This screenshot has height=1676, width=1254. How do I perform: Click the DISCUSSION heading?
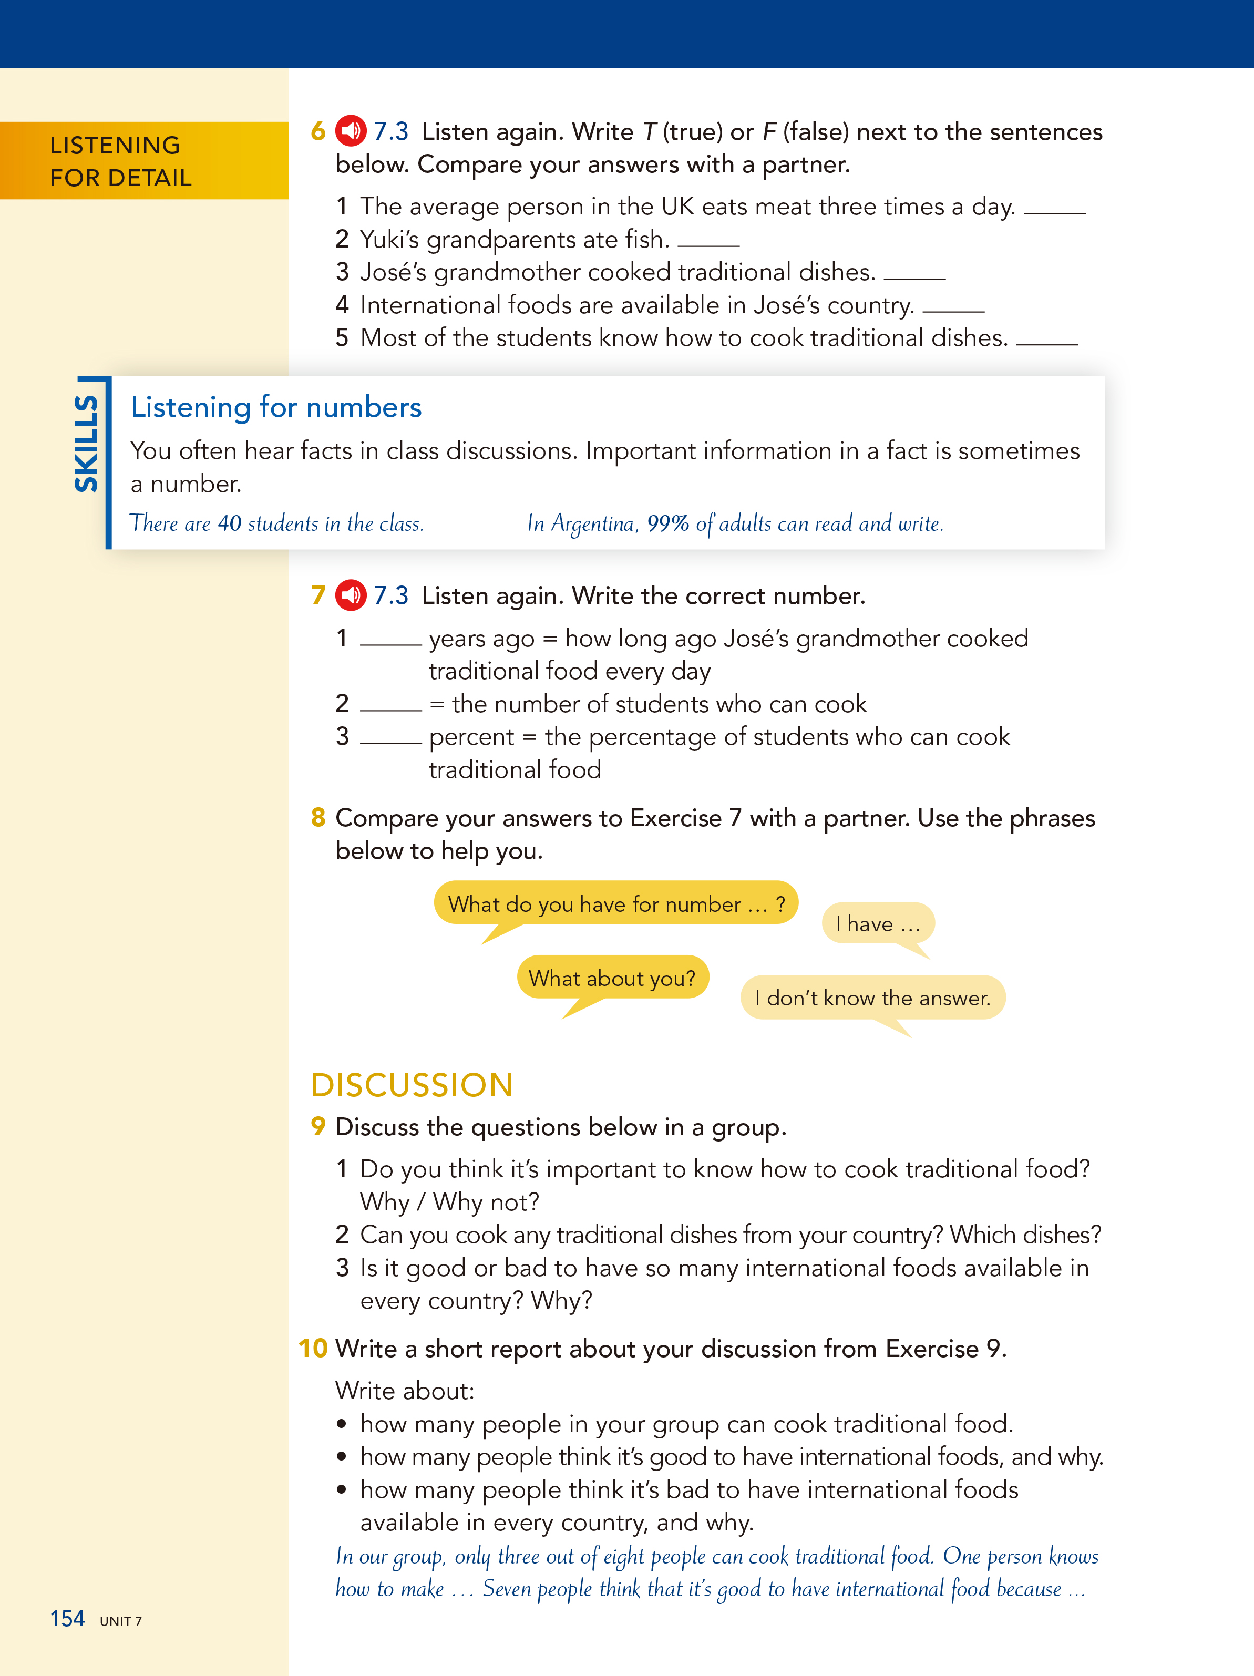point(412,1085)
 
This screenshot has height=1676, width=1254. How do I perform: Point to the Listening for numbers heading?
point(276,407)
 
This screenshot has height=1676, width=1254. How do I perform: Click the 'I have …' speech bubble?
point(877,923)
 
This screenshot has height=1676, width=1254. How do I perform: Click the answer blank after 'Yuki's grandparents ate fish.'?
point(708,242)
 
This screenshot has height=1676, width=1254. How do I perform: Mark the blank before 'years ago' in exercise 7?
point(390,641)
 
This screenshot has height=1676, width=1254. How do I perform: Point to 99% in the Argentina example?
point(667,523)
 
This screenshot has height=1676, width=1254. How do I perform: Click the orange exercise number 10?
point(313,1348)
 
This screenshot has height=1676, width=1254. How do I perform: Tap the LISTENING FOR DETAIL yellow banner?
point(144,161)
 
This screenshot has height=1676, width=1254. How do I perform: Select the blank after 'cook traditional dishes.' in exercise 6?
point(1046,341)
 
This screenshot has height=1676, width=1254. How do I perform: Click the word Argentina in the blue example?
point(592,523)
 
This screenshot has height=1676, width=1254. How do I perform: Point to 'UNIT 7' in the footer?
point(120,1621)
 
